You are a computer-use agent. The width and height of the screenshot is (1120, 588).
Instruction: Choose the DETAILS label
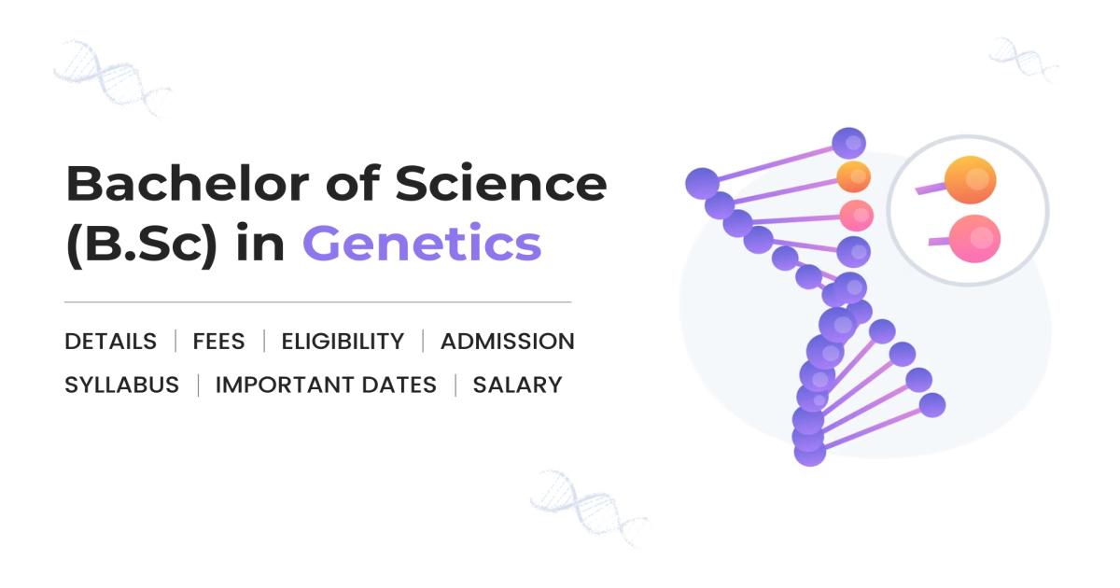(110, 342)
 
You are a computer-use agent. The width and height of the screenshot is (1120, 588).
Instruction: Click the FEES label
(218, 342)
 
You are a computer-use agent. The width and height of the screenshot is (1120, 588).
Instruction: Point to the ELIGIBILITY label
(343, 342)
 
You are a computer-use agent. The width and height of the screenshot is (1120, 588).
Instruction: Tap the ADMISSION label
(507, 342)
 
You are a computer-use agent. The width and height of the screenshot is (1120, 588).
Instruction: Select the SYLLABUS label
(121, 385)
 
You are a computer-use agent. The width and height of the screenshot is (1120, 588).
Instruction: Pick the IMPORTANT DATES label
(326, 385)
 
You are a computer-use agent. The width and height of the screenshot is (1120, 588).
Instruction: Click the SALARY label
(517, 385)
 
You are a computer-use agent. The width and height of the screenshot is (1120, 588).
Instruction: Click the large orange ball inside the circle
(970, 179)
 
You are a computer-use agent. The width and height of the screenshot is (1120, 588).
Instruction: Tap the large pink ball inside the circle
(973, 238)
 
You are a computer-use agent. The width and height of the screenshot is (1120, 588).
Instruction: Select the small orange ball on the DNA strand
(853, 175)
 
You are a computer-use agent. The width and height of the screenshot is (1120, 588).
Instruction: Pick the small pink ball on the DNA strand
(855, 215)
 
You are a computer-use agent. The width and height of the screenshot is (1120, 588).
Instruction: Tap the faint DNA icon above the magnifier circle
(1023, 59)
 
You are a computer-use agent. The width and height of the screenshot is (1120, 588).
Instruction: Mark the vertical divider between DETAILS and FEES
(175, 342)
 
